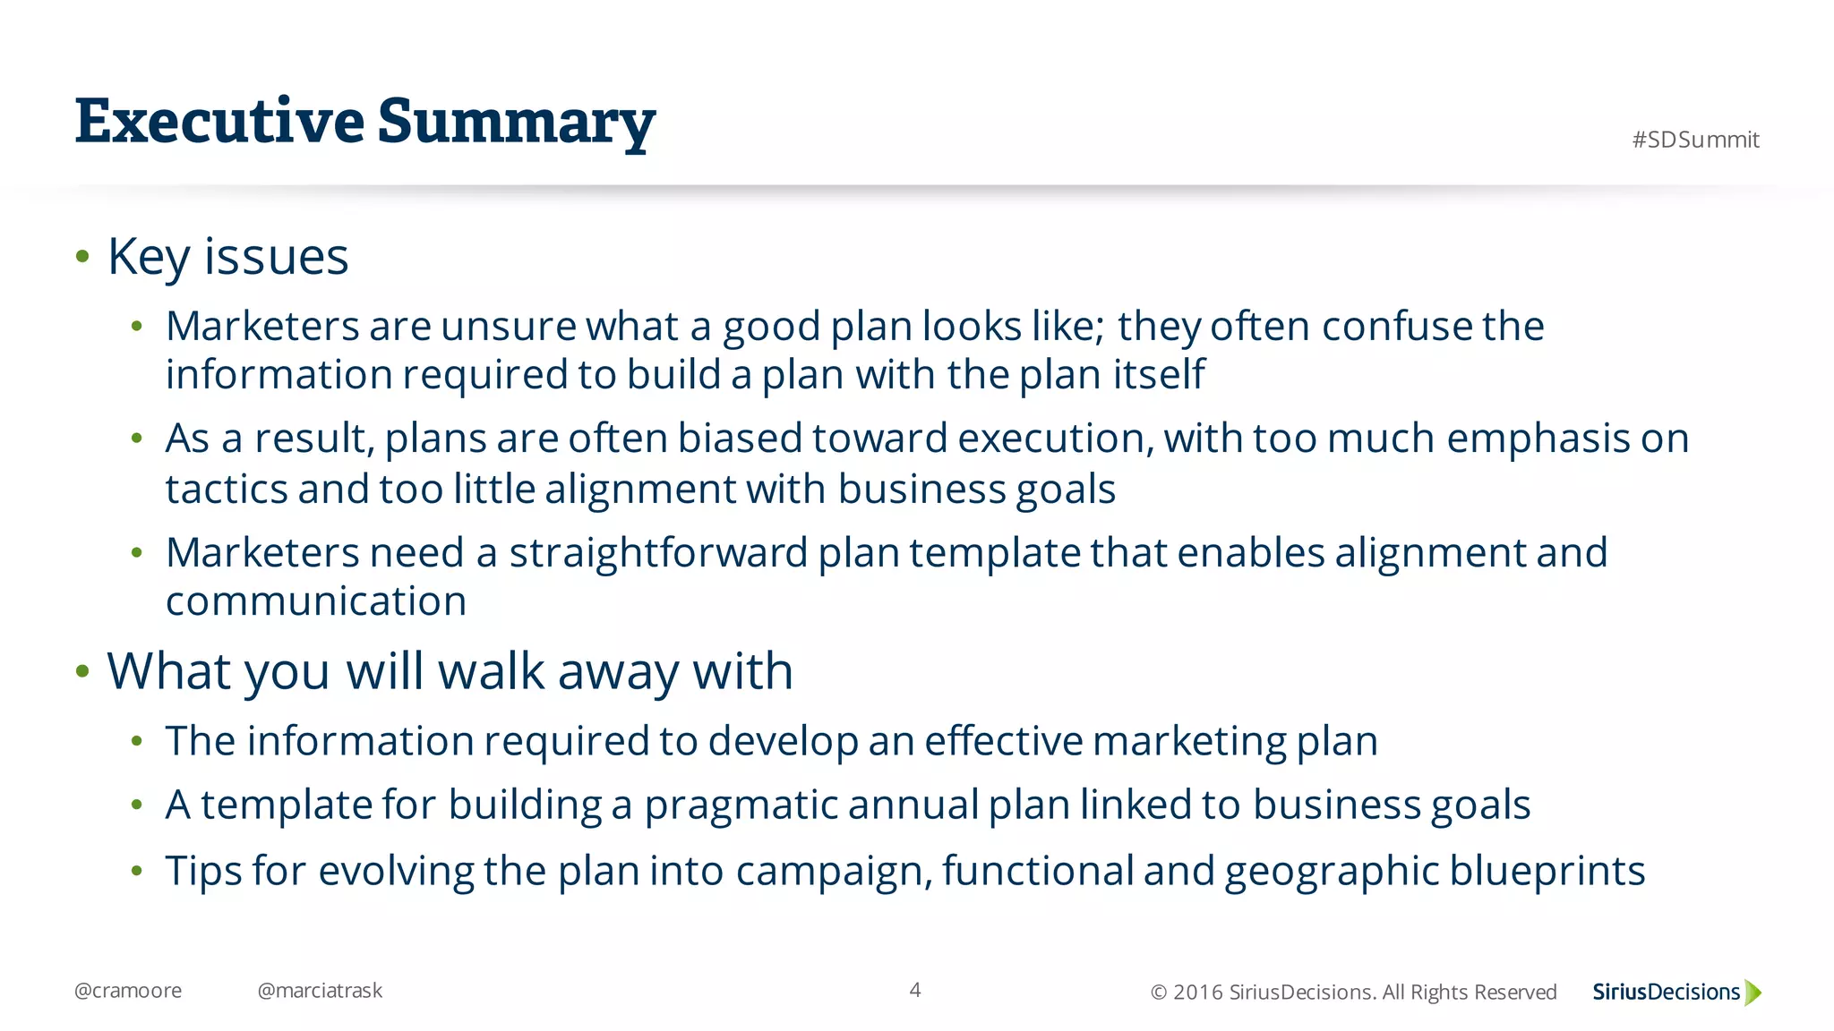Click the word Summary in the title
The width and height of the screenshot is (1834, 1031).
pyautogui.click(x=516, y=123)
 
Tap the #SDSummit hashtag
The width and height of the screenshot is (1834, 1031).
pyautogui.click(x=1695, y=140)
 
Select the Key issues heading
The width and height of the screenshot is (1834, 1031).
pyautogui.click(x=227, y=257)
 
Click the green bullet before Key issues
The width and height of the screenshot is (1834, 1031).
pyautogui.click(x=83, y=258)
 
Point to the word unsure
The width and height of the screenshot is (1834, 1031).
pyautogui.click(x=508, y=326)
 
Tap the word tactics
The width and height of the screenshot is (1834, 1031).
pyautogui.click(x=227, y=490)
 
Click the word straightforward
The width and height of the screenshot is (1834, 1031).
pyautogui.click(x=658, y=553)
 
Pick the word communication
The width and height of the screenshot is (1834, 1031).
pyautogui.click(x=316, y=601)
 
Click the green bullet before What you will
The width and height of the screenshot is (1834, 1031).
pyautogui.click(x=83, y=671)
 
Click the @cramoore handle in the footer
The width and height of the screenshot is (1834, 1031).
pyautogui.click(x=128, y=991)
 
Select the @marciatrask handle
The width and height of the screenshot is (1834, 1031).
pyautogui.click(x=320, y=991)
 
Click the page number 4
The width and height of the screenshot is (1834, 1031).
pyautogui.click(x=914, y=990)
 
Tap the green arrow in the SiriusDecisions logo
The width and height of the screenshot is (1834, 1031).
pyautogui.click(x=1753, y=993)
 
